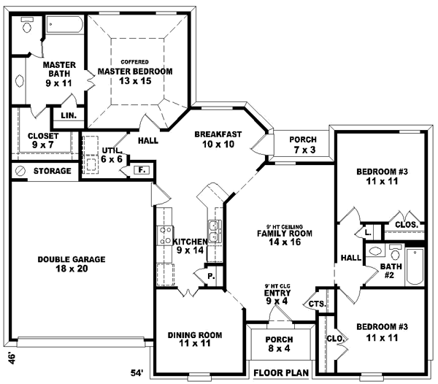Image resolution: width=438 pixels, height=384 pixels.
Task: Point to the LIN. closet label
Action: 69,115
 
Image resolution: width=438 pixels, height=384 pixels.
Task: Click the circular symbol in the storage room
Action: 20,171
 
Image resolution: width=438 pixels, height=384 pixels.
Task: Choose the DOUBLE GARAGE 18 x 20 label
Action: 72,264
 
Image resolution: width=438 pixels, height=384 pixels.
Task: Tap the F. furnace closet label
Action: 143,170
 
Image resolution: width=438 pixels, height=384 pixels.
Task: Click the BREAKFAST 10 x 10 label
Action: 218,139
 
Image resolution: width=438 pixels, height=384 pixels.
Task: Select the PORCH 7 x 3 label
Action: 302,144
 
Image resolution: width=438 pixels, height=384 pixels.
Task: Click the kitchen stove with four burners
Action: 163,235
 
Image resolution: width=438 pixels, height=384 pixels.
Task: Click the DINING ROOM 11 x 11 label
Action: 194,339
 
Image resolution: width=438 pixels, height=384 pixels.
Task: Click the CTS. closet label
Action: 316,304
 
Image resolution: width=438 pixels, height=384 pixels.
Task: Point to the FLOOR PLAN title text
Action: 281,373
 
